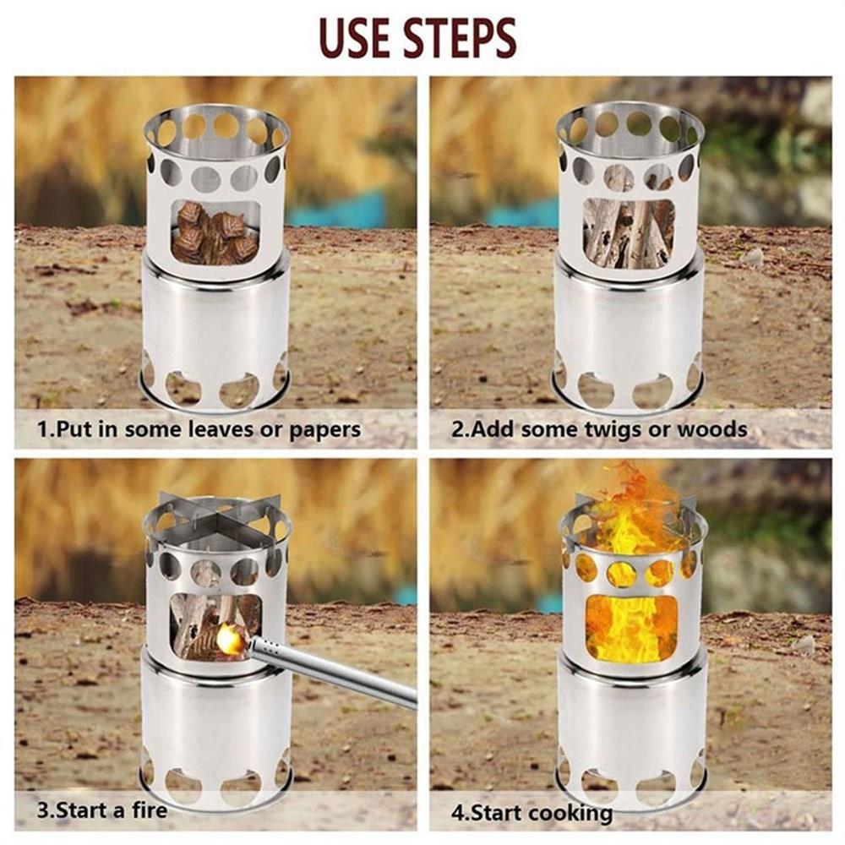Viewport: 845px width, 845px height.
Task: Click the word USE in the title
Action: (356, 38)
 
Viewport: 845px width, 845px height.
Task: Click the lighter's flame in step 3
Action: (231, 639)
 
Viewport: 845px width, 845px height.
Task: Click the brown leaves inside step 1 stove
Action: (215, 233)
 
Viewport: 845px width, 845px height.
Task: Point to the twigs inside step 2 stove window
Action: (629, 233)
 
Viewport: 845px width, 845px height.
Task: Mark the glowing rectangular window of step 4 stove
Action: (631, 628)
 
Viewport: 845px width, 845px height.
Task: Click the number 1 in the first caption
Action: (43, 429)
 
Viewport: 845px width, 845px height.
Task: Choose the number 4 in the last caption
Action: (458, 813)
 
